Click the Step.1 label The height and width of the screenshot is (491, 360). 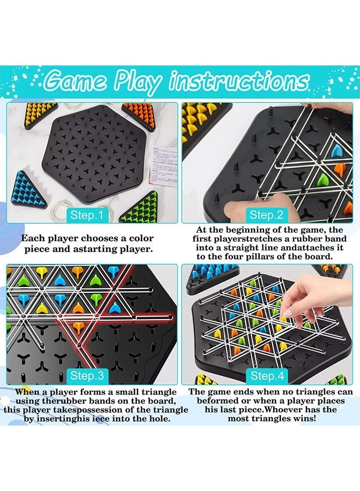tap(87, 215)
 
